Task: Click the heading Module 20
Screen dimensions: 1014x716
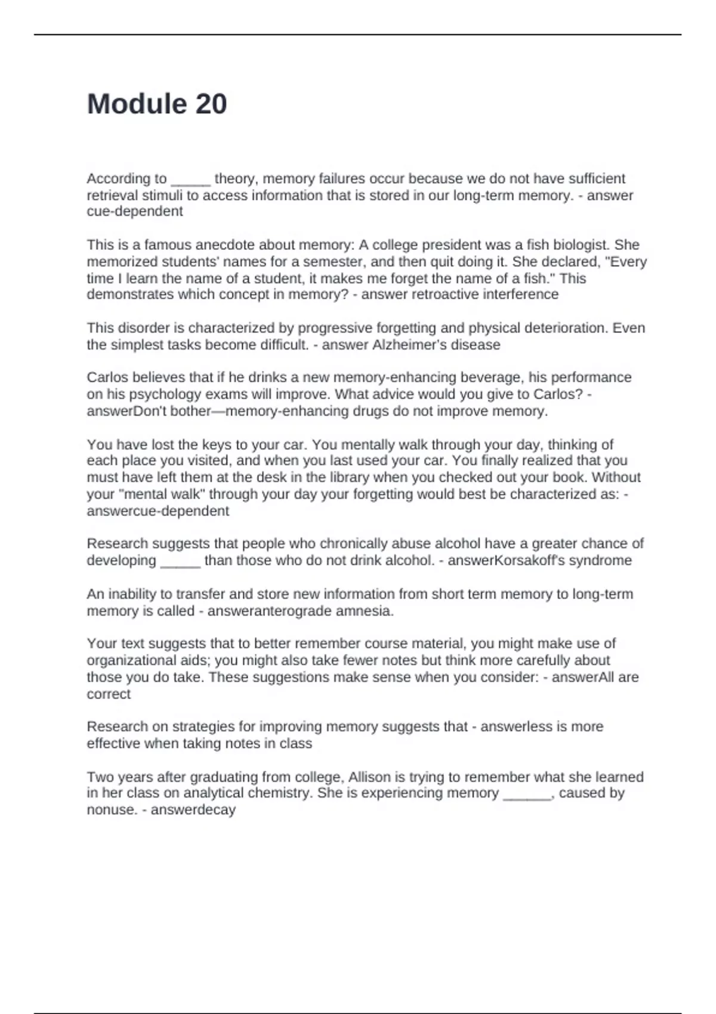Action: tap(157, 104)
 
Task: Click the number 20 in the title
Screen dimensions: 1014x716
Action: tap(211, 104)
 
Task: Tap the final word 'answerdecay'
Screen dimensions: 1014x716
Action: tap(193, 810)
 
